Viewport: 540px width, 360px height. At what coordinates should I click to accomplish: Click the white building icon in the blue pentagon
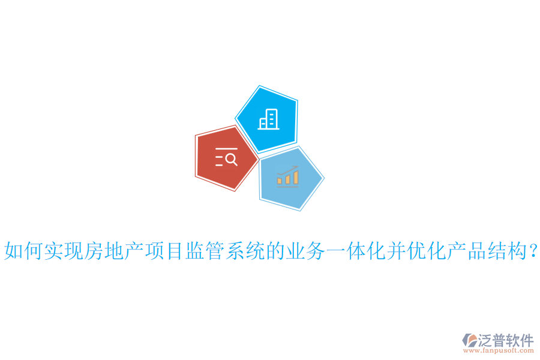point(268,119)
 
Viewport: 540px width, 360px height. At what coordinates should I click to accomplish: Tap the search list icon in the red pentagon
point(226,157)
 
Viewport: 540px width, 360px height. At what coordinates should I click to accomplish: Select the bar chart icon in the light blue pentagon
point(288,176)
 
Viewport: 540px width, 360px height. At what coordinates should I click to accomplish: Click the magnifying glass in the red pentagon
point(232,160)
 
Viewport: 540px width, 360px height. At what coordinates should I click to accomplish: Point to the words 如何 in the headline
point(23,251)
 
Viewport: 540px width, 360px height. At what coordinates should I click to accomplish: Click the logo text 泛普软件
point(505,340)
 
